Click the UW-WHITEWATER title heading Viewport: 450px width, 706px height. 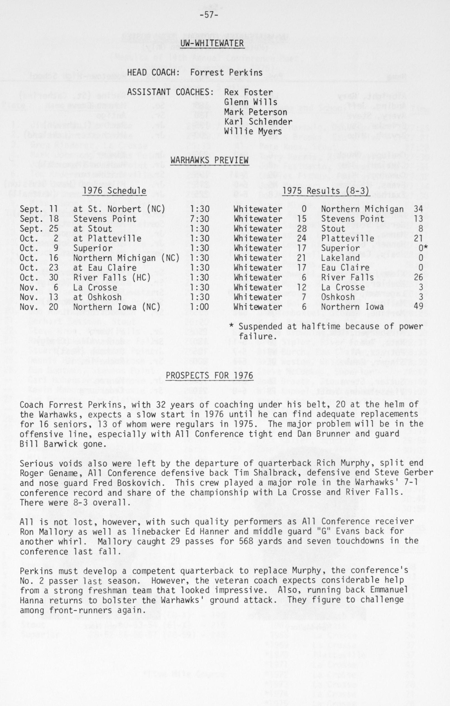[x=212, y=43]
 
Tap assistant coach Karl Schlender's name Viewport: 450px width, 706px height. [x=258, y=122]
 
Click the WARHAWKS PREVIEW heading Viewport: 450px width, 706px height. [x=209, y=160]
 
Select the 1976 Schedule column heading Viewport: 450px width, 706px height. [x=114, y=191]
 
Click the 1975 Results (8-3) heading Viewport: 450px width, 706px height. [x=326, y=191]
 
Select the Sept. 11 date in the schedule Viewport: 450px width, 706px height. [x=39, y=209]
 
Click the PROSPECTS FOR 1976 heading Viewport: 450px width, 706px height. [x=209, y=376]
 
